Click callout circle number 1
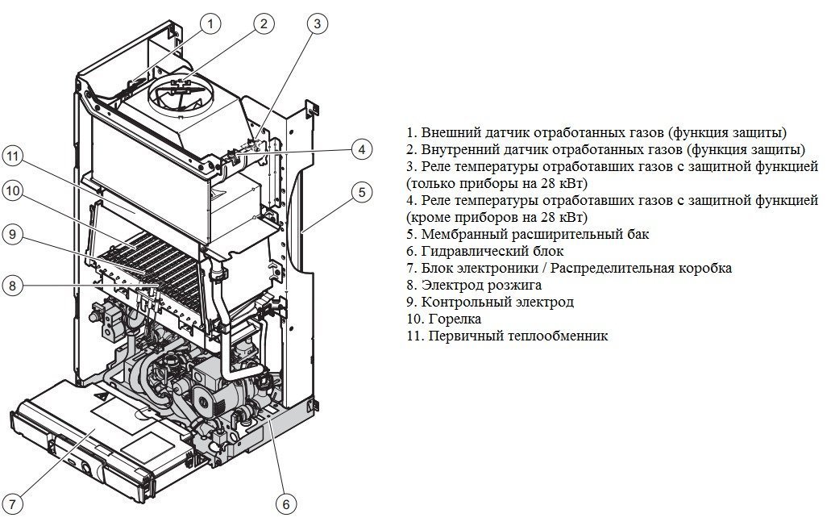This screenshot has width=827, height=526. (210, 24)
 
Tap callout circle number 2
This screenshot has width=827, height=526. (263, 24)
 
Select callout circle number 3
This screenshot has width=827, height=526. (318, 24)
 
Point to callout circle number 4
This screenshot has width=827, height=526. (362, 149)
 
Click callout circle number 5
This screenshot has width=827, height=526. (362, 192)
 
